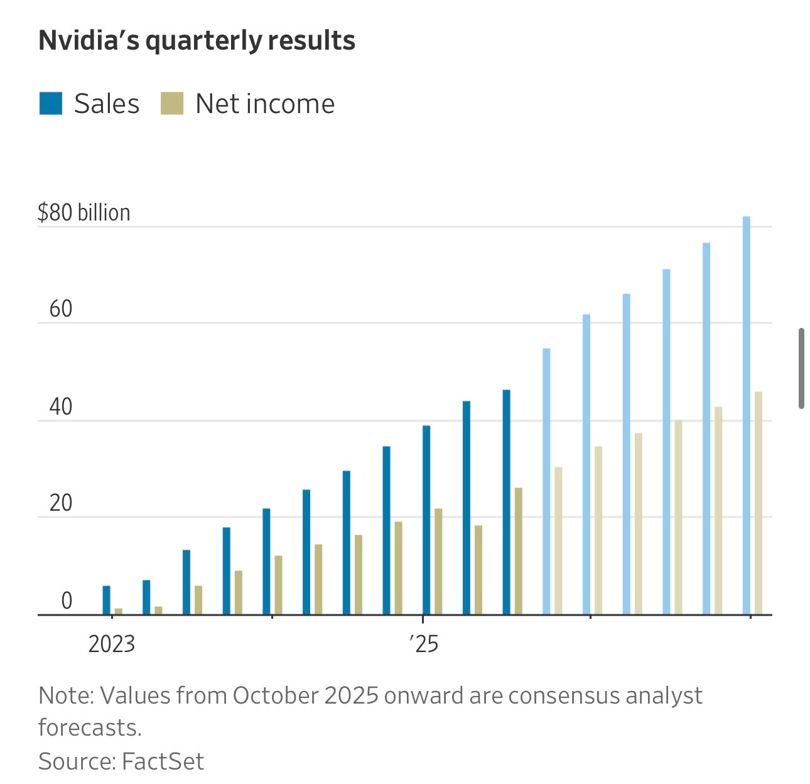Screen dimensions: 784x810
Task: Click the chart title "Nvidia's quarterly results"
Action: tap(197, 41)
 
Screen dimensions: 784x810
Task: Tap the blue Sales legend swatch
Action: tap(51, 104)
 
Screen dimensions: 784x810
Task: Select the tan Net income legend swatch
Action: tap(171, 104)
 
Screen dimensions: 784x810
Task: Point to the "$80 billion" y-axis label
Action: tap(84, 213)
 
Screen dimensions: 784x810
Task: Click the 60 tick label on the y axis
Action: tap(61, 310)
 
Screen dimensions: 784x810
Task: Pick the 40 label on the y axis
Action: tap(61, 407)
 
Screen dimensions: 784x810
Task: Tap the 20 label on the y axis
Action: tap(61, 504)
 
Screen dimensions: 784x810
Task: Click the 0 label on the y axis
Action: tap(67, 601)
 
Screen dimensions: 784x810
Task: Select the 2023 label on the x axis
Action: tap(112, 645)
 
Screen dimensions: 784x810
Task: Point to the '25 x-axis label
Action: tap(424, 645)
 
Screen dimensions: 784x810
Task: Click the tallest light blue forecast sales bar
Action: tap(747, 415)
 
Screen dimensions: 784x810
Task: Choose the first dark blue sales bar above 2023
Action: tap(107, 600)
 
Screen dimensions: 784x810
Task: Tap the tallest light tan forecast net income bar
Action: tap(759, 503)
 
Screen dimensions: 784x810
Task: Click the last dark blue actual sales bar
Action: tap(507, 502)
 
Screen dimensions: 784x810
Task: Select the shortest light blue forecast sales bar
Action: tap(546, 481)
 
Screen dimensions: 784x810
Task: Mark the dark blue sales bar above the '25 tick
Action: tap(426, 520)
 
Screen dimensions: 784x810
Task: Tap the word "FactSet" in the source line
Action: tap(163, 761)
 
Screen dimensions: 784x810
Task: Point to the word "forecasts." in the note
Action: tap(90, 727)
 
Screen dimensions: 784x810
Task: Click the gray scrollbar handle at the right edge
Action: tap(802, 368)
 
